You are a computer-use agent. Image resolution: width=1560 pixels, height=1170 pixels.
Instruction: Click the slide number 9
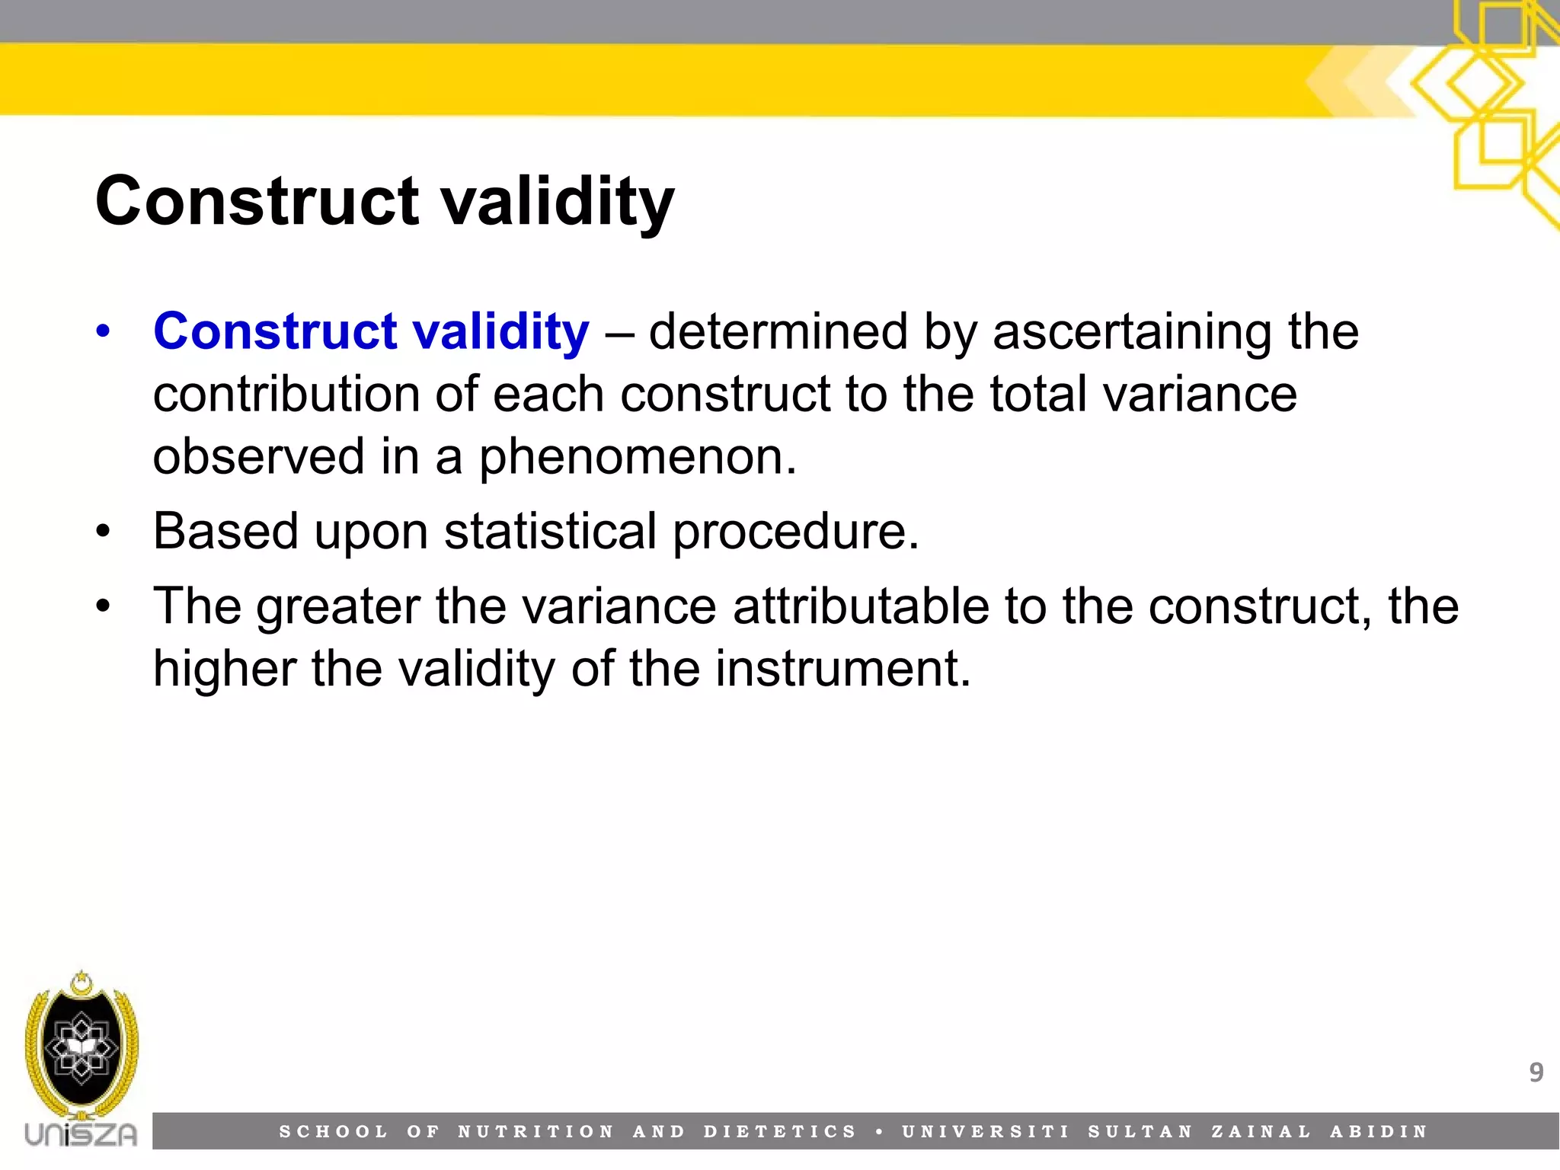pyautogui.click(x=1536, y=1072)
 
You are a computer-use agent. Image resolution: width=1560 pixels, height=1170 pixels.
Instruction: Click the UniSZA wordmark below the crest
pyautogui.click(x=81, y=1134)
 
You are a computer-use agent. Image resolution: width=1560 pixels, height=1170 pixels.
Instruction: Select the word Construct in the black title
pyautogui.click(x=257, y=201)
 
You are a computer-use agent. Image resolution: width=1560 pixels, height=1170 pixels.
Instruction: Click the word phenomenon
pyautogui.click(x=637, y=457)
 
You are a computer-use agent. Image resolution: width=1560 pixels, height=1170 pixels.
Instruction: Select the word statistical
pyautogui.click(x=550, y=531)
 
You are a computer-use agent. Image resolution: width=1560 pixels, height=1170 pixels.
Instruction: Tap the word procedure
pyautogui.click(x=795, y=532)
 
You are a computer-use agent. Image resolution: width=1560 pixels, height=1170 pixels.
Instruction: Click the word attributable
pyautogui.click(x=861, y=607)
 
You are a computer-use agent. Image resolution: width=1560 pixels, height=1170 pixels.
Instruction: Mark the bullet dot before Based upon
pyautogui.click(x=104, y=531)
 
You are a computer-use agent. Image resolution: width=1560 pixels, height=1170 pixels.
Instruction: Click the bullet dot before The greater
pyautogui.click(x=104, y=607)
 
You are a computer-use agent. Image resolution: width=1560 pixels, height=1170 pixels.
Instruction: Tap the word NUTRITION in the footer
pyautogui.click(x=535, y=1132)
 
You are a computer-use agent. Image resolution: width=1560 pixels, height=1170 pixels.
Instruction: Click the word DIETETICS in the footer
pyautogui.click(x=780, y=1132)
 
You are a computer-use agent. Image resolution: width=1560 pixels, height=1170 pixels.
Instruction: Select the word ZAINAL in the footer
pyautogui.click(x=1261, y=1132)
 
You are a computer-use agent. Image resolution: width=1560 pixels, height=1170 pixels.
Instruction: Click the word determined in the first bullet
pyautogui.click(x=778, y=332)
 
